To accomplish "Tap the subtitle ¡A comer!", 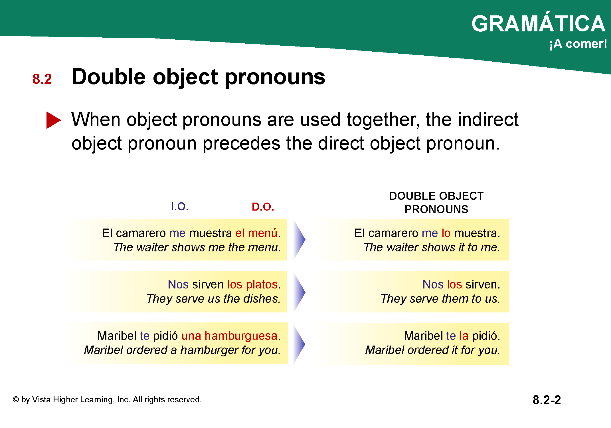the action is [578, 44].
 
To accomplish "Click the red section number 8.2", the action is [42, 79].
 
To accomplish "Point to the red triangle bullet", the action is [53, 120].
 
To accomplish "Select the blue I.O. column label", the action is [180, 207].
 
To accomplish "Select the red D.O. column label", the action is [263, 207].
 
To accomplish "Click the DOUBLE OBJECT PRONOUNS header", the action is [436, 203].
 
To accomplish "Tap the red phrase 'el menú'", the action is [256, 233].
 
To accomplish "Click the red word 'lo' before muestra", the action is [446, 233].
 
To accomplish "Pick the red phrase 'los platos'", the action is [253, 284].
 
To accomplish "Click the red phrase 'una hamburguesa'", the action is [230, 336].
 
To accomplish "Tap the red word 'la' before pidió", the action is [464, 336].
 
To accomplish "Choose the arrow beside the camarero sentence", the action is [299, 239].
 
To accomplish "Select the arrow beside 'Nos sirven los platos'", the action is [299, 292].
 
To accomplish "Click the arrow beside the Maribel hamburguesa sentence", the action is [299, 344].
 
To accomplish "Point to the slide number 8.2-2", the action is [547, 400].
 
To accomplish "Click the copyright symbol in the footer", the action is [16, 399].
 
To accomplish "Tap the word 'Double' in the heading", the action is [109, 77].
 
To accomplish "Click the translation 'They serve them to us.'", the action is [440, 299].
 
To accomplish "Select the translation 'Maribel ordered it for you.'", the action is [433, 350].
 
